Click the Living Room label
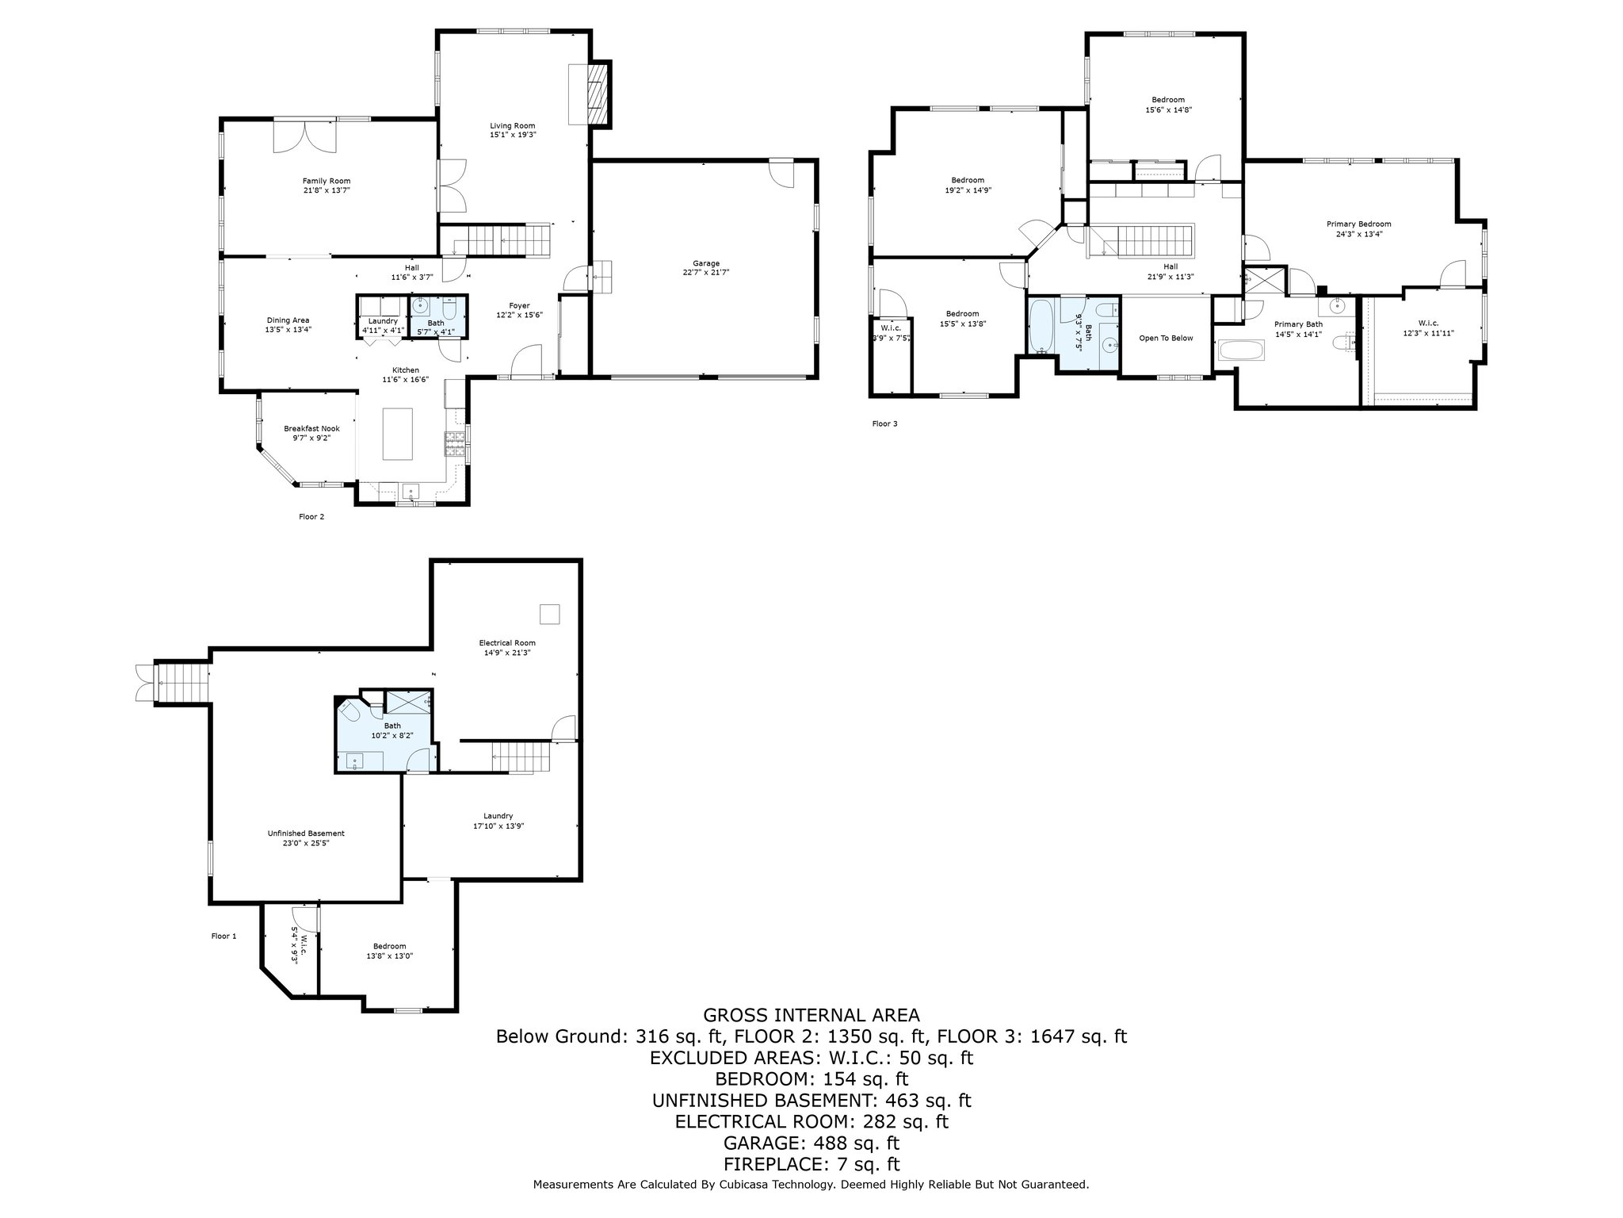point(512,125)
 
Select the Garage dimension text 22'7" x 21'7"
point(706,272)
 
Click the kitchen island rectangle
point(398,434)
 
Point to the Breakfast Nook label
point(311,428)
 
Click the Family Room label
point(327,181)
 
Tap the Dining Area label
point(288,320)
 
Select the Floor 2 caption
point(311,517)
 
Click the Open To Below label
point(1166,338)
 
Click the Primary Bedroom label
point(1359,224)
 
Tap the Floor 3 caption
point(885,423)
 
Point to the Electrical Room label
point(507,642)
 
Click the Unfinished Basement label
point(306,833)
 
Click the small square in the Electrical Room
point(550,615)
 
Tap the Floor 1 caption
point(223,936)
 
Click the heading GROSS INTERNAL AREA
point(811,1015)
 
